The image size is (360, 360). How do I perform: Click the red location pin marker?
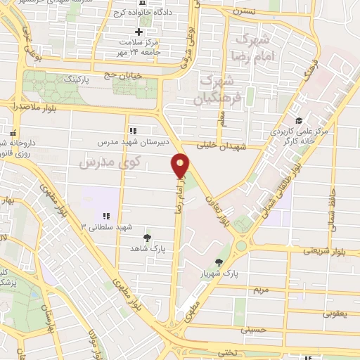coord(181,165)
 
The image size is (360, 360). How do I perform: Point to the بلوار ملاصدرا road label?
coord(34,106)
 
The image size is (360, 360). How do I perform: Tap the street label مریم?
coord(261,289)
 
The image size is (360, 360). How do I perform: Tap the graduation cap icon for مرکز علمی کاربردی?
coord(300,121)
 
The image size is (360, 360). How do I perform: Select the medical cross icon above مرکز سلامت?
coord(139,32)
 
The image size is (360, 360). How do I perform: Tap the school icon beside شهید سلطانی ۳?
coord(105,216)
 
